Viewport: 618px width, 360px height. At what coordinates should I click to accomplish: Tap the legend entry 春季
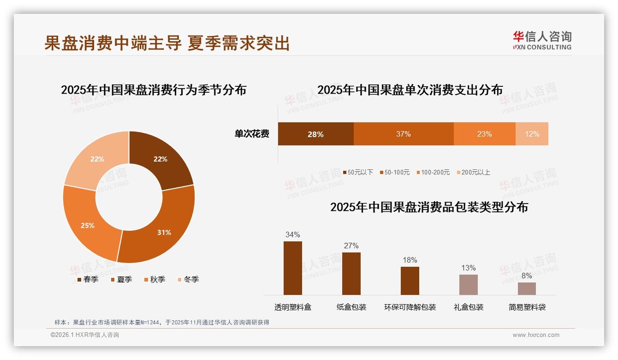88,279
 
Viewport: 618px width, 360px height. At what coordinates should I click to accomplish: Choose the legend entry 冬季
188,279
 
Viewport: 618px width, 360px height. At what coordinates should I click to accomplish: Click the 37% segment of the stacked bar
404,134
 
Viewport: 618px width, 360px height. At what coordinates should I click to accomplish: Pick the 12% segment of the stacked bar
532,134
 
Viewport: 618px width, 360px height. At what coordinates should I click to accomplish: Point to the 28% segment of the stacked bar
315,134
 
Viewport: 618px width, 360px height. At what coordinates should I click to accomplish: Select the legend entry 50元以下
357,172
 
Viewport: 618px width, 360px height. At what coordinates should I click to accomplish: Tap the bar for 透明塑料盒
292,268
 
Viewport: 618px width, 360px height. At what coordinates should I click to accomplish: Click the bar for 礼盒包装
468,285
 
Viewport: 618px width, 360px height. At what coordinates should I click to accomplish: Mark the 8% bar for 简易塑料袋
527,288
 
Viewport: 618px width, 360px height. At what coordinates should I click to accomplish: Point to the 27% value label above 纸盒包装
351,246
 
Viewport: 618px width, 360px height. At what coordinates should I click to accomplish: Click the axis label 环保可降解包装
410,307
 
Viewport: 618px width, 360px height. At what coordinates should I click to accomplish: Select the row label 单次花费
252,134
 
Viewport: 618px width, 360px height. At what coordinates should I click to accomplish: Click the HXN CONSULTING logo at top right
542,40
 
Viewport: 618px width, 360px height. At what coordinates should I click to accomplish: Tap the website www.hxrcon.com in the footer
536,335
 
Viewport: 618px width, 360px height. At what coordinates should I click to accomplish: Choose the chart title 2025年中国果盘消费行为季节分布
154,90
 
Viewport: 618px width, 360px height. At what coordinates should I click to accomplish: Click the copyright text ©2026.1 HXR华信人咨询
85,335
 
